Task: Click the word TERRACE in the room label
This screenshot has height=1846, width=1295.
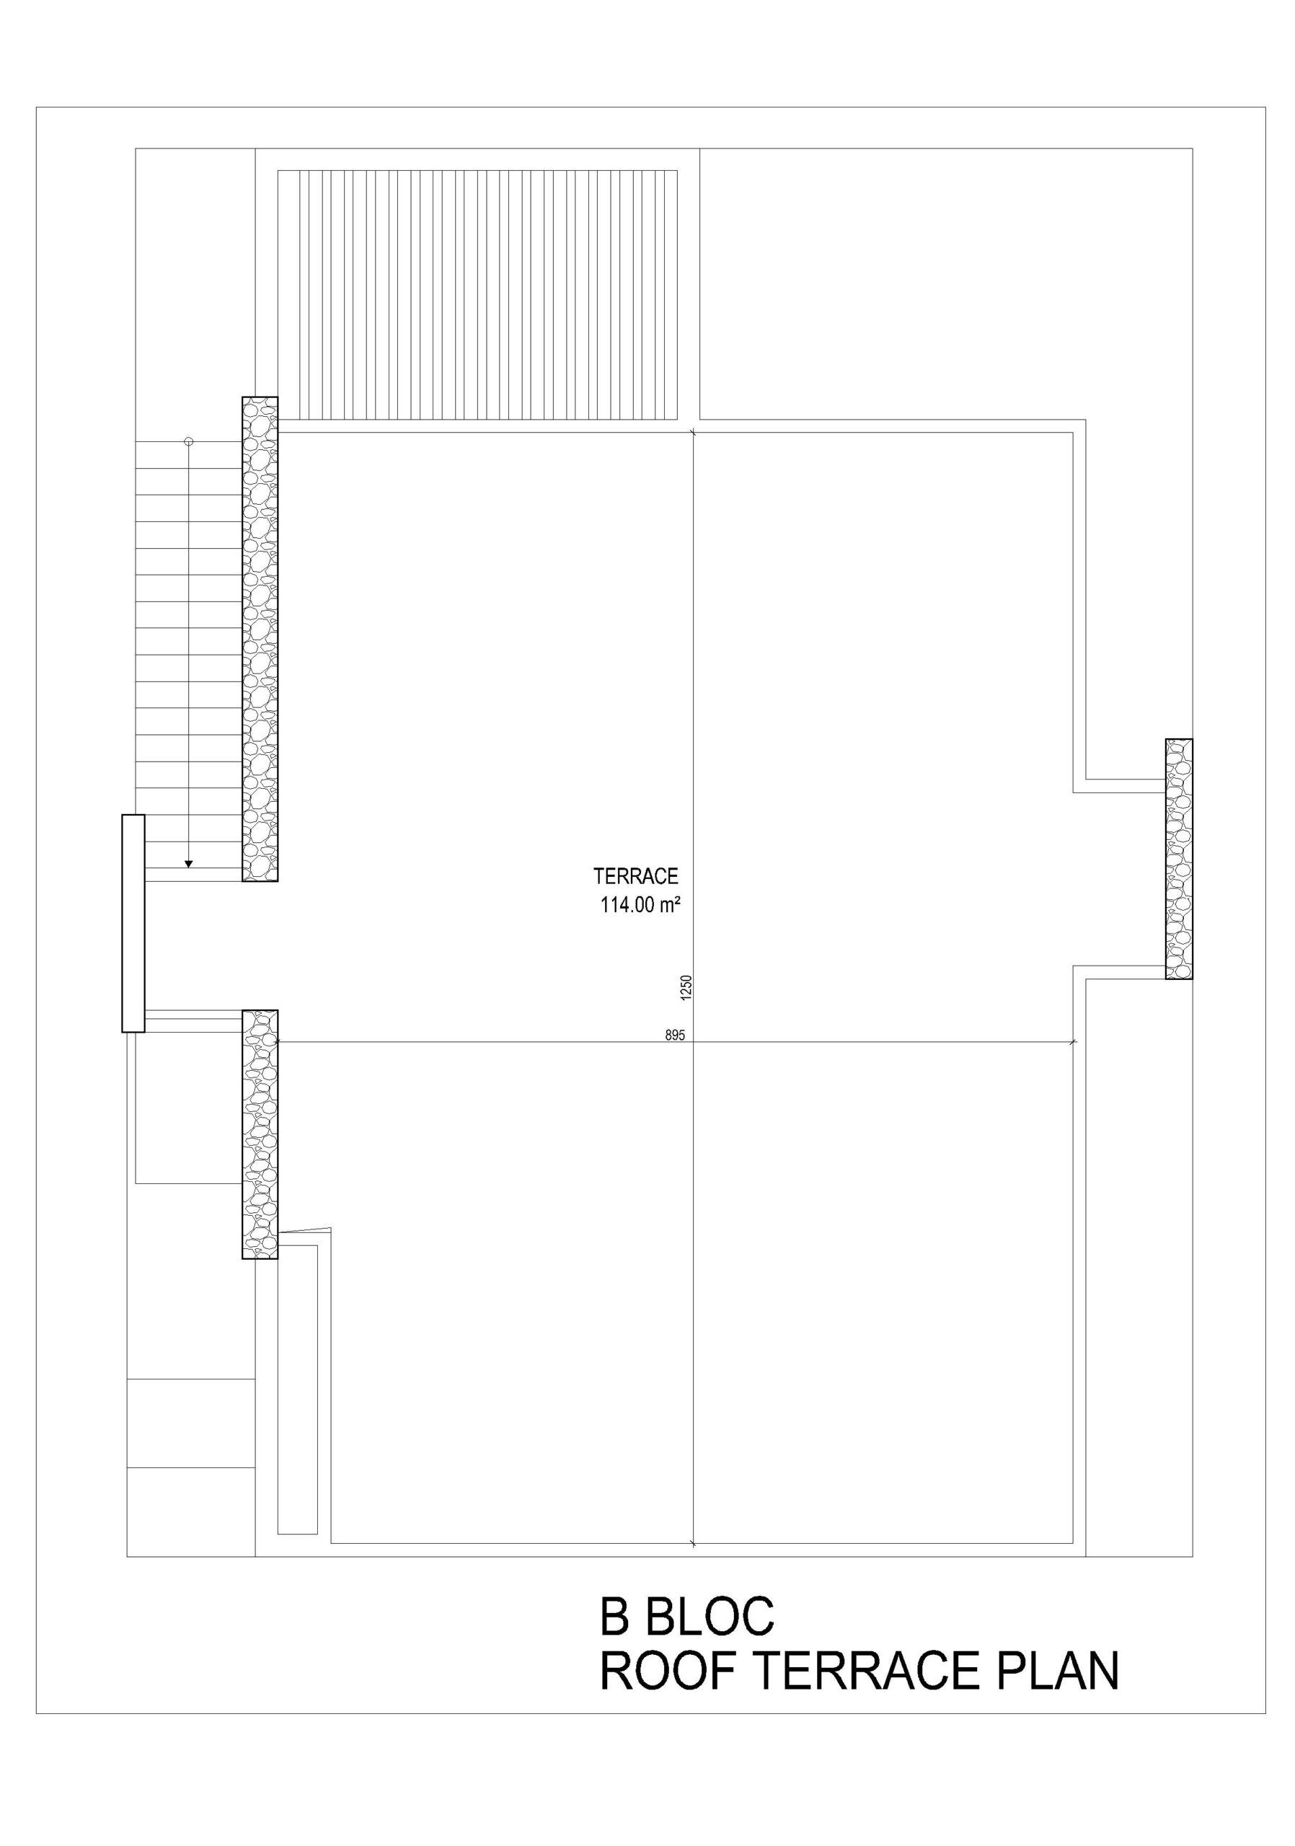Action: (x=635, y=876)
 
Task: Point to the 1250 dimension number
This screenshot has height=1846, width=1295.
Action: (x=686, y=988)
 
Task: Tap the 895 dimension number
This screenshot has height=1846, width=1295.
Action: (x=674, y=1035)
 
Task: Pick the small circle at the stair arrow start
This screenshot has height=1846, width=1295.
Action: (x=189, y=441)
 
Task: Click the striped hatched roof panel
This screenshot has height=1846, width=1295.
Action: (x=477, y=294)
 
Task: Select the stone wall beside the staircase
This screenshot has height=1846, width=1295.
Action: (x=260, y=639)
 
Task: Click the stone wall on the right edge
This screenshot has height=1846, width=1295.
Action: (x=1178, y=859)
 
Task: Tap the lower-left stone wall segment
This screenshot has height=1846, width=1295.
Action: (x=260, y=1134)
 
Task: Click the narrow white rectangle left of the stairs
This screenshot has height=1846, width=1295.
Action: (x=133, y=923)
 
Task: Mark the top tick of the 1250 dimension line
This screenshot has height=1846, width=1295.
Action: (x=693, y=433)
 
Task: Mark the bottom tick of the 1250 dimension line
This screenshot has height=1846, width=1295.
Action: (x=693, y=1544)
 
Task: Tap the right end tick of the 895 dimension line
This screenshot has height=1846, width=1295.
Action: (x=1073, y=1043)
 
